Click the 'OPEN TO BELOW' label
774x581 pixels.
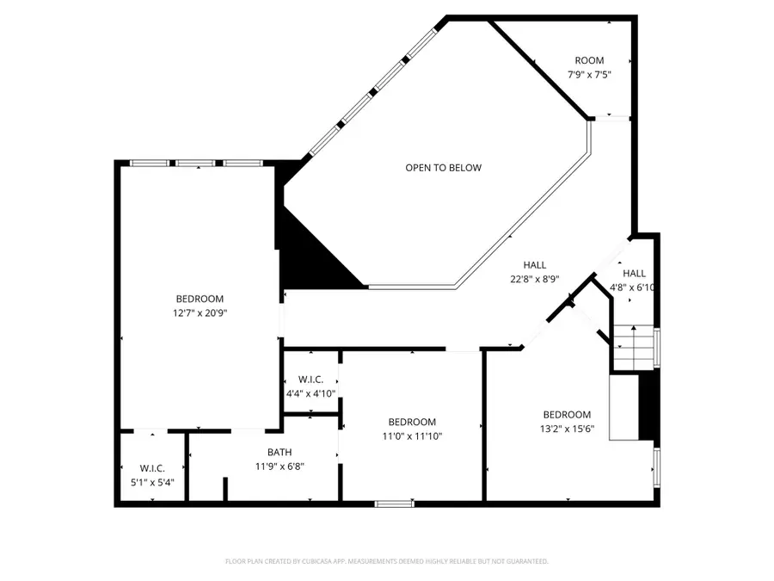[x=443, y=168]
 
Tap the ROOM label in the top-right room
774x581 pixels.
[x=589, y=60]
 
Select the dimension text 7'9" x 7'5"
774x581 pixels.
[x=589, y=75]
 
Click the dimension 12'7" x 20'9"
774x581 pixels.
[x=200, y=313]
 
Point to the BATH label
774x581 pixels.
[x=279, y=452]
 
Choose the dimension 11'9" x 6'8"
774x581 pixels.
[x=279, y=467]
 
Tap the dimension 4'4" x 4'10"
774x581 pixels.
[x=310, y=393]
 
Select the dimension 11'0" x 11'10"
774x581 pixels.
[x=412, y=436]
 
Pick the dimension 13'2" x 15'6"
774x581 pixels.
[x=567, y=429]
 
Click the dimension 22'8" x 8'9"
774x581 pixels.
[x=535, y=279]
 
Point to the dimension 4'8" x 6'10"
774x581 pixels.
[x=634, y=287]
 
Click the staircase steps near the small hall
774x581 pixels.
[x=635, y=349]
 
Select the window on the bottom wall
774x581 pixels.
[x=393, y=504]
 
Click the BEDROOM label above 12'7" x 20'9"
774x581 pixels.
[x=200, y=299]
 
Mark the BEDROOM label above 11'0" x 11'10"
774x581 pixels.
[x=412, y=422]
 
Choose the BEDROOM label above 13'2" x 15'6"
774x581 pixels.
[x=567, y=414]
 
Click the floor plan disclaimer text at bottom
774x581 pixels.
[x=386, y=561]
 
